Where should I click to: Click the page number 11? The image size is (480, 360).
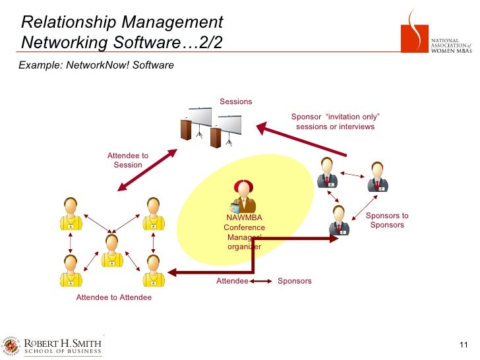[462, 347]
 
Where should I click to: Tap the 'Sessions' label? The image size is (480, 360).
[236, 102]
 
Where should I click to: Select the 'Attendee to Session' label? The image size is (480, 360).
[128, 160]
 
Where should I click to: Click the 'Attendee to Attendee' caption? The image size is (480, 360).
[114, 297]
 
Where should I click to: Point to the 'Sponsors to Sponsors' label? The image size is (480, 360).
[387, 220]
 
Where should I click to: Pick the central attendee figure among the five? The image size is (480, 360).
[112, 251]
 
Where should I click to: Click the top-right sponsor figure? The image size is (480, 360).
[377, 177]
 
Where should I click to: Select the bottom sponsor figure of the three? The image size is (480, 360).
[339, 220]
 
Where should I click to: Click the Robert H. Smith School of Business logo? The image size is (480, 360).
[53, 346]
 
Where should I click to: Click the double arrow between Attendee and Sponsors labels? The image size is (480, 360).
[262, 281]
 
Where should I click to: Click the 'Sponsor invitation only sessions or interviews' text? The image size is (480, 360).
[335, 122]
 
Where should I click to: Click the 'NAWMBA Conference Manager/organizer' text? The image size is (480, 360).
[244, 232]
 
